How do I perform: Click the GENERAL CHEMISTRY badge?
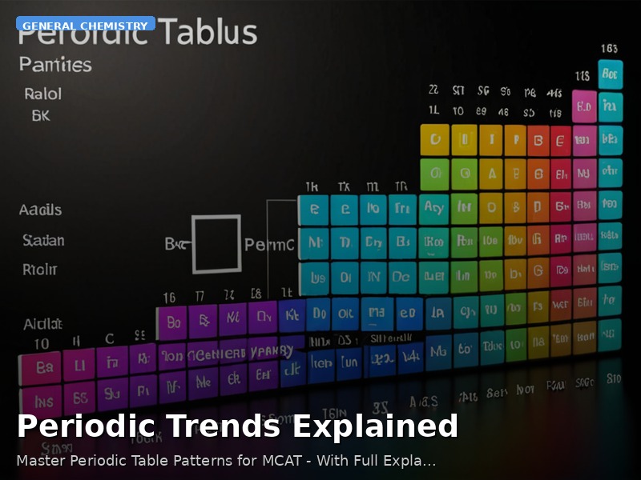85,25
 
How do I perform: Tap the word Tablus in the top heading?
206,33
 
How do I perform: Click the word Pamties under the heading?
55,65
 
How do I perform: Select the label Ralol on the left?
42,94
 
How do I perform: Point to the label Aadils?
40,210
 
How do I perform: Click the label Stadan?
43,240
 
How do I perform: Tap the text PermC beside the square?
269,244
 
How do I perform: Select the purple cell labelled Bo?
172,323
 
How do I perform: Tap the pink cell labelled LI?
79,365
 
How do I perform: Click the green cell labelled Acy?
433,207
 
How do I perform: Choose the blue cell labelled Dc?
401,277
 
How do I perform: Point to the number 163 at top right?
610,49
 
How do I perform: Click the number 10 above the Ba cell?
41,343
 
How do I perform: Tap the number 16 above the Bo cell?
169,298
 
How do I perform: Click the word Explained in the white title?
375,426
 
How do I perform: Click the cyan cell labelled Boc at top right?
611,76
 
